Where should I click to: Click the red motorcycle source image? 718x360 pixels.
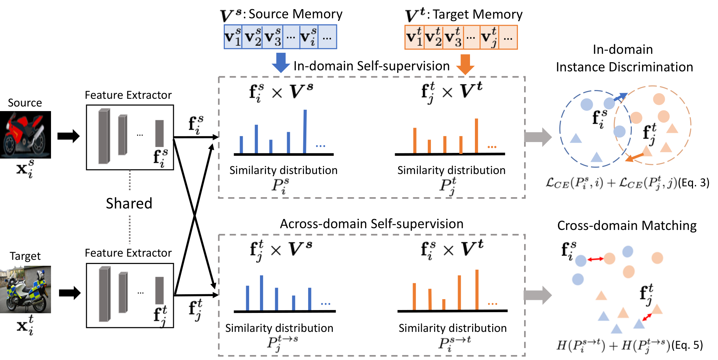coord(25,135)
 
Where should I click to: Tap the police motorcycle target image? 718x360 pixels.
coord(25,289)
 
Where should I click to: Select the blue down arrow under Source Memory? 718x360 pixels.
coord(281,62)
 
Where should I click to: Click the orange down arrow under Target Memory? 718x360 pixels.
coord(465,64)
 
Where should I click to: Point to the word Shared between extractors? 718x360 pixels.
coord(129,203)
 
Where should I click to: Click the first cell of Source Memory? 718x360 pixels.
coord(233,37)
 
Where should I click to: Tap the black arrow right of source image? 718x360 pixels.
coord(69,136)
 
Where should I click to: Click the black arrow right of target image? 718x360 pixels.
coord(70,293)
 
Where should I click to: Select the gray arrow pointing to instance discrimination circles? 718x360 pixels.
coord(538,137)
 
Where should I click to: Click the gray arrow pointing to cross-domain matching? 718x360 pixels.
coord(538,295)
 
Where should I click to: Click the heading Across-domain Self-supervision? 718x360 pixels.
coord(371,224)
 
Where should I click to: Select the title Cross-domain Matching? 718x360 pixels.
coord(627,225)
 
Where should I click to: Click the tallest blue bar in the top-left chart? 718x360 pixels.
coord(305,131)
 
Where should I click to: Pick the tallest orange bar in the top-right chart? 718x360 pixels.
coord(476,136)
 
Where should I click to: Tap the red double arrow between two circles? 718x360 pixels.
coord(595,259)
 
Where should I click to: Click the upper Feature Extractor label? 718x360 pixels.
coord(128,95)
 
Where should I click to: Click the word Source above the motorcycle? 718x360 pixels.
coord(25,103)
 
